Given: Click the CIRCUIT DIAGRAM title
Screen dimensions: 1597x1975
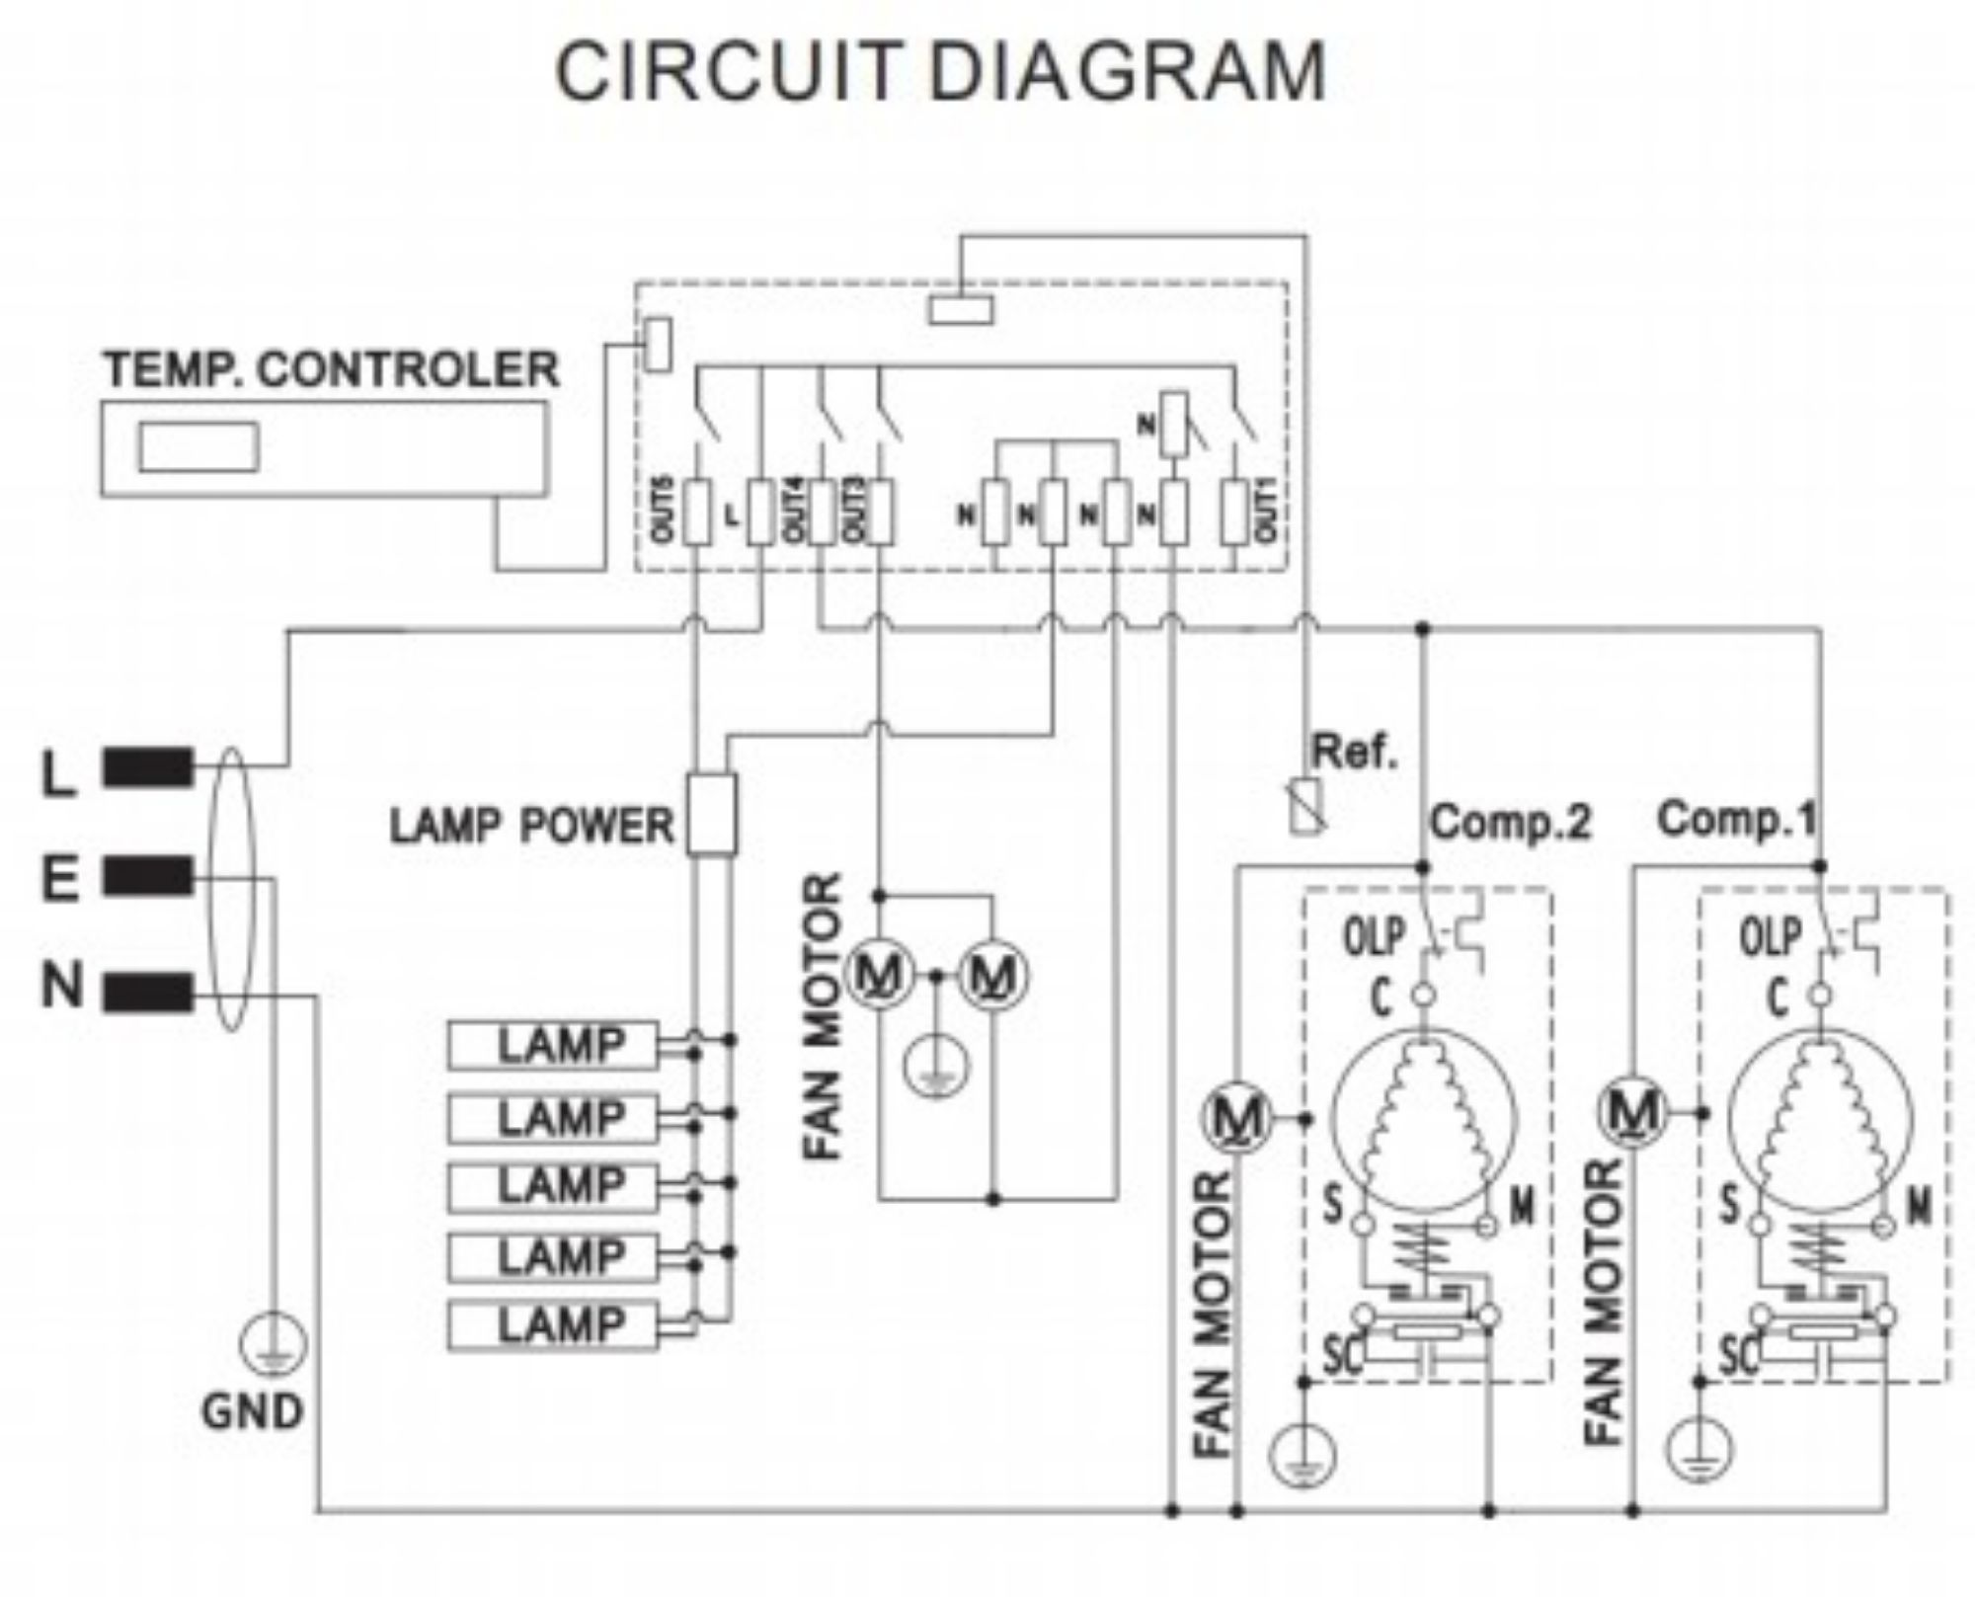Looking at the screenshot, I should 940,71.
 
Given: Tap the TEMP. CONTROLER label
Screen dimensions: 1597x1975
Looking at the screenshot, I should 332,369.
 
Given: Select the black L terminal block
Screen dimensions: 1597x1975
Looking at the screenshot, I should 148,767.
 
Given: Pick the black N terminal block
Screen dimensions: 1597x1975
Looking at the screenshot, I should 148,991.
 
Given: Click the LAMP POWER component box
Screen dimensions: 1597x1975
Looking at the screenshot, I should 711,815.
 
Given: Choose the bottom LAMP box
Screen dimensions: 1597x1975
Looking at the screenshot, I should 552,1325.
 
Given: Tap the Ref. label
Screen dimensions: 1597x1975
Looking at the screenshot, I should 1354,753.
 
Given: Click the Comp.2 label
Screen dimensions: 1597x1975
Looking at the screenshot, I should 1511,822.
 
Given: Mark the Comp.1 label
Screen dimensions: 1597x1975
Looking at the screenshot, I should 1736,819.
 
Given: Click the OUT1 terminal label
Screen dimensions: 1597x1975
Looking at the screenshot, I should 1267,510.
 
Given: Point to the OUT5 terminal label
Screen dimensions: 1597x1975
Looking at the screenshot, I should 662,510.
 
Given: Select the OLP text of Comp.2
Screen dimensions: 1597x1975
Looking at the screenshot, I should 1374,936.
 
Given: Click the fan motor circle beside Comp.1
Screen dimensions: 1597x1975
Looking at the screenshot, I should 1632,1113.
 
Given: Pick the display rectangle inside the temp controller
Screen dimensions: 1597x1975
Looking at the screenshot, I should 198,447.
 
